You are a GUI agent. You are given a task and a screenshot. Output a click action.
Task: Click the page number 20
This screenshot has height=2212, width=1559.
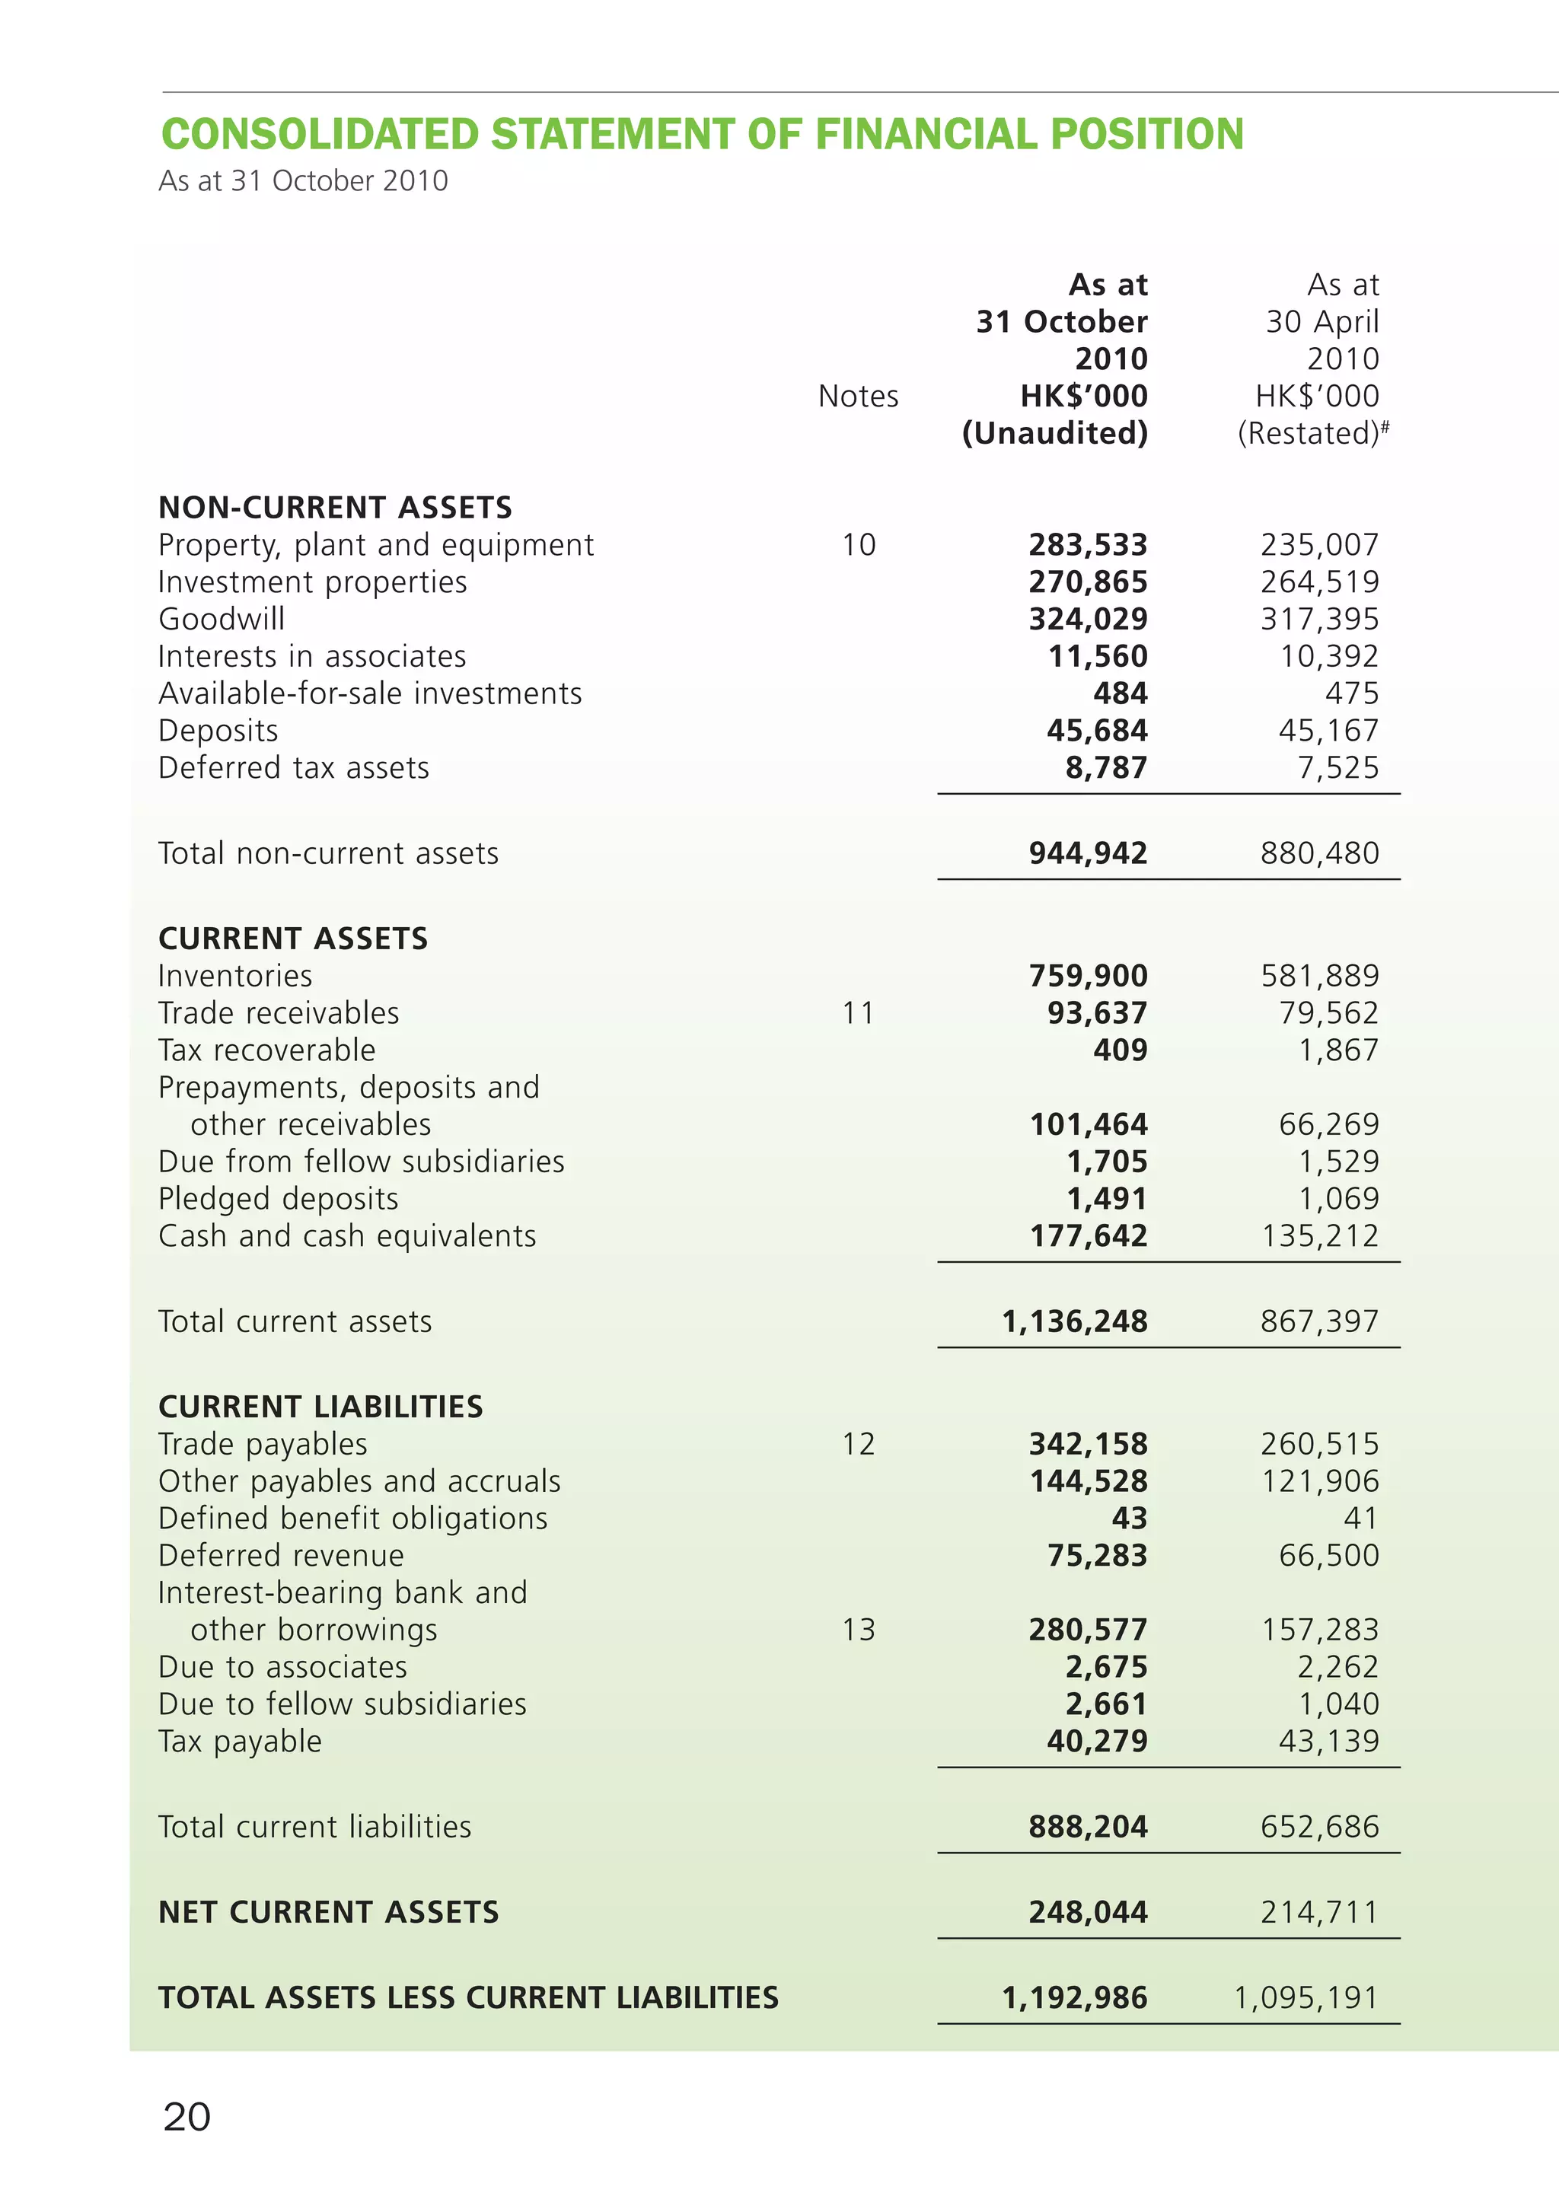pos(187,2118)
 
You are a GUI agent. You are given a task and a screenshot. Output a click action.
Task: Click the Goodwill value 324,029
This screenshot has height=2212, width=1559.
pos(1088,619)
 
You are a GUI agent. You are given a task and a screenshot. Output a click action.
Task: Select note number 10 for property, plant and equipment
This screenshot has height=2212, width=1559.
pos(859,544)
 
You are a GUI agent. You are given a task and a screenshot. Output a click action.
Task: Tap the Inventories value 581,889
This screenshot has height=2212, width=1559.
pos(1320,976)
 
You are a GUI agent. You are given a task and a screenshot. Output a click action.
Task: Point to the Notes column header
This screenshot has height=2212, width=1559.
pos(858,396)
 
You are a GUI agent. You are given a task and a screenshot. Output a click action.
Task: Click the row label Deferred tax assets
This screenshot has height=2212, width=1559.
pos(294,768)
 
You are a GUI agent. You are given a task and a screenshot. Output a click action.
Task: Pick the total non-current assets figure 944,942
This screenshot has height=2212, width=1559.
pos(1088,853)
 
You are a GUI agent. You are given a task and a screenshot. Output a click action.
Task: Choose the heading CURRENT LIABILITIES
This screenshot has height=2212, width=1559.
pos(320,1407)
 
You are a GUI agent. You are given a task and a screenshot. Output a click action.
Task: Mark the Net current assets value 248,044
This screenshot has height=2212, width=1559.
pos(1088,1911)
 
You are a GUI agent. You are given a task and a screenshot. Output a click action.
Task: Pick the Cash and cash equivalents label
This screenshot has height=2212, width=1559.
pos(347,1236)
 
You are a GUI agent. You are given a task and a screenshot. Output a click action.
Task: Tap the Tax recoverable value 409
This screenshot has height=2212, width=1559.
pos(1120,1050)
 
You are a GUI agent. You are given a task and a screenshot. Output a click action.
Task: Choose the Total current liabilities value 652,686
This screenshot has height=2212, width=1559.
pos(1320,1827)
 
